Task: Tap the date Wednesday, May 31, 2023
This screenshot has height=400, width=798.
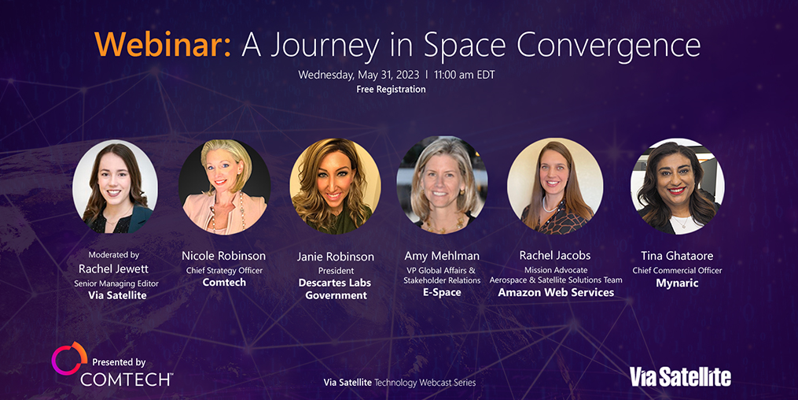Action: coord(359,75)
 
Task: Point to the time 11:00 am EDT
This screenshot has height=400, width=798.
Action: coord(464,75)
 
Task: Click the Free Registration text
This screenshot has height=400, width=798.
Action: coord(391,89)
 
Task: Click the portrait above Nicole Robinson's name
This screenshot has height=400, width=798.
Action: coord(224,187)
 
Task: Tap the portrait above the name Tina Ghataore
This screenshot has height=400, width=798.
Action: coord(677,187)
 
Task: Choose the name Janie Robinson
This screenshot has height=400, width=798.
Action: coord(336,257)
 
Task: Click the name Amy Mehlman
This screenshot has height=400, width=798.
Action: coord(442,256)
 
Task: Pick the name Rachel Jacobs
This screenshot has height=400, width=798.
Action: coord(555,255)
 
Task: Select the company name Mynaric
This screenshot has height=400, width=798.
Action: coord(677,283)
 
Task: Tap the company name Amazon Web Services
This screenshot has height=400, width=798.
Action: coord(556,292)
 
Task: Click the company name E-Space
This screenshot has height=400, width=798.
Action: coord(442,292)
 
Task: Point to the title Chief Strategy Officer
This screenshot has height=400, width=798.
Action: coord(224,271)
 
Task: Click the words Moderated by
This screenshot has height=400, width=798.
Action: coord(113,255)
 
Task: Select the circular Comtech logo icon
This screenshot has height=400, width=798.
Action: coord(70,357)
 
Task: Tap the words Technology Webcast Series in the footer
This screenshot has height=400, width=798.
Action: coord(425,382)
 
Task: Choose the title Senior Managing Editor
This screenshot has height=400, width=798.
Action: coord(116,283)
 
